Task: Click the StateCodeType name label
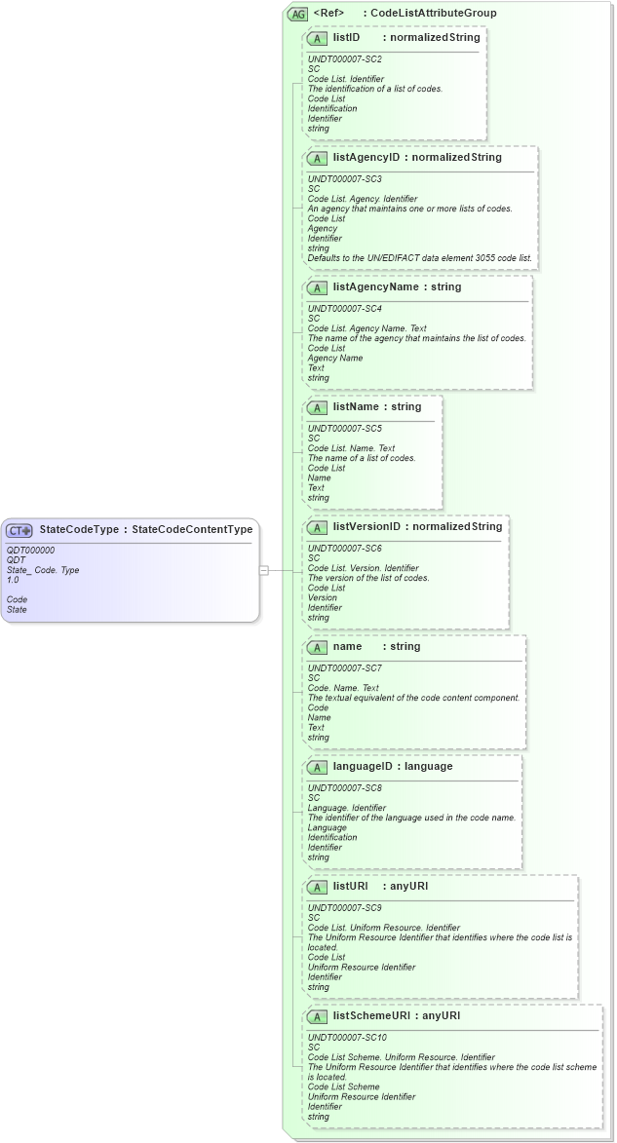point(79,530)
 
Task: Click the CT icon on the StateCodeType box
point(19,531)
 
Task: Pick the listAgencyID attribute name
point(366,158)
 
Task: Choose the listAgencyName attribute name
point(374,287)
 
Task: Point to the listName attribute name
point(356,407)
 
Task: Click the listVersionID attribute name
point(367,527)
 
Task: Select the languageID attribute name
point(365,767)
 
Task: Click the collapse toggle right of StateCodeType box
point(263,570)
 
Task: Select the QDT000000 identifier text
point(30,551)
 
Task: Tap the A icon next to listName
point(317,407)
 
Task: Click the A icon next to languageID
point(317,767)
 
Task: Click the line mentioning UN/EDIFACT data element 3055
point(420,258)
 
